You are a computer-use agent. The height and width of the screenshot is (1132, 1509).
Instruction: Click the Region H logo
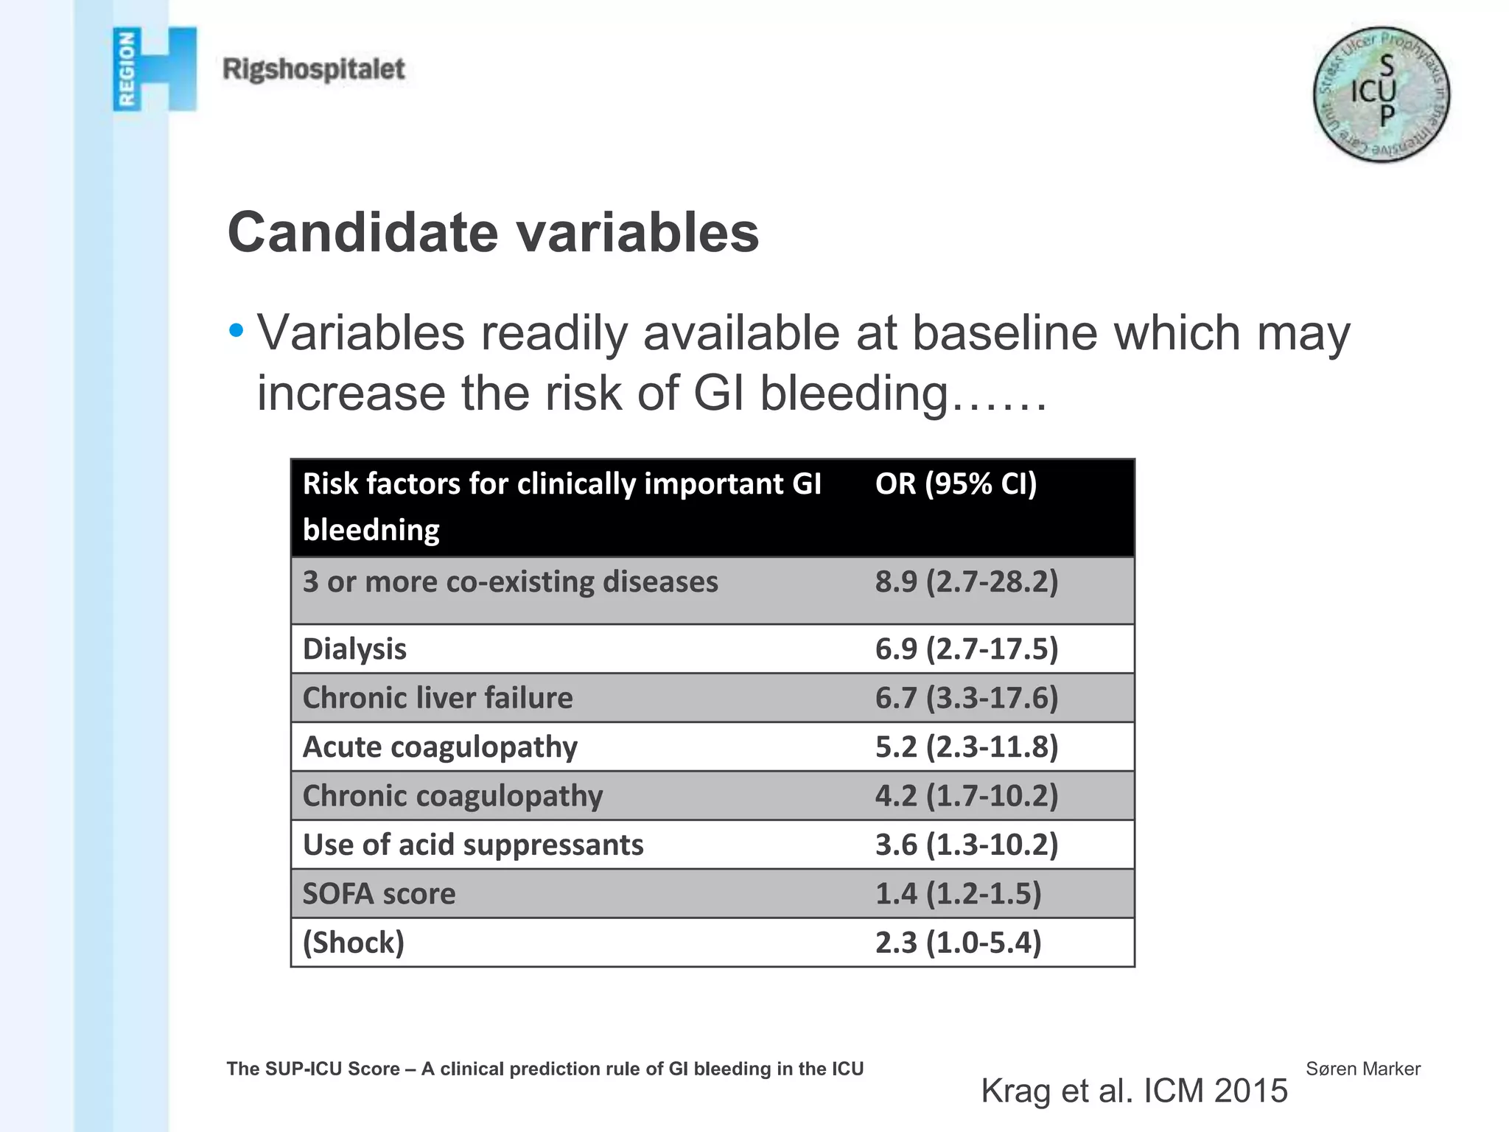tap(155, 69)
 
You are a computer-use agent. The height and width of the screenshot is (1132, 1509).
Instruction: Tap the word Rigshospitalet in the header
tap(314, 69)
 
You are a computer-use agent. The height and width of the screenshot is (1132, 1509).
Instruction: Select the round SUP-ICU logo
tap(1381, 95)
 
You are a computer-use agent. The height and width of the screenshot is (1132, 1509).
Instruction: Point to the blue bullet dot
tap(236, 330)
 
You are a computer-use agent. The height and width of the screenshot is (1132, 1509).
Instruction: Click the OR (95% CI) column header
tap(956, 484)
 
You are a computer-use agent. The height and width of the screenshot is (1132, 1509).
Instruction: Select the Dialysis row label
tap(354, 649)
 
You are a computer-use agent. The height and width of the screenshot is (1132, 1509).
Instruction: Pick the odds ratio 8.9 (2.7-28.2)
tap(966, 582)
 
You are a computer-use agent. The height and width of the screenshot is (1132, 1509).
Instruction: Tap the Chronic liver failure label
tap(438, 698)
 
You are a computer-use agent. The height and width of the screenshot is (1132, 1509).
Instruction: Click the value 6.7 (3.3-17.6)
tap(966, 698)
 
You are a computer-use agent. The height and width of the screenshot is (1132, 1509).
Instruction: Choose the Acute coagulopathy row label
tap(440, 747)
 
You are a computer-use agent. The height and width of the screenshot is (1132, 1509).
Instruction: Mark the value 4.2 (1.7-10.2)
tap(966, 796)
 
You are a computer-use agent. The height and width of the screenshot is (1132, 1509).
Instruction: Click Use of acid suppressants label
tap(473, 845)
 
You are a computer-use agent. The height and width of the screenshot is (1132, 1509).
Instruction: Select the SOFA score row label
tap(379, 894)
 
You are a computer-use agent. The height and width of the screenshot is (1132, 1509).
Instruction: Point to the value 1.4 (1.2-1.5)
tap(958, 894)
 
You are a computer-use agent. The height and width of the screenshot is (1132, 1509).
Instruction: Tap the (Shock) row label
tap(354, 943)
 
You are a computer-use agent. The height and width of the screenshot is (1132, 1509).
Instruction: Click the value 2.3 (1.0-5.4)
tap(958, 943)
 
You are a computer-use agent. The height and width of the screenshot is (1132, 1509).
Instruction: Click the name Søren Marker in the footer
tap(1362, 1069)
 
